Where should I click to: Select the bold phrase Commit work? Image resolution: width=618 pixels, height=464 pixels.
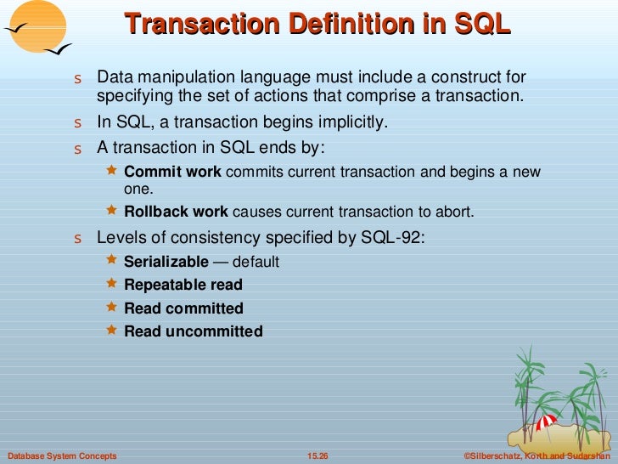coord(172,172)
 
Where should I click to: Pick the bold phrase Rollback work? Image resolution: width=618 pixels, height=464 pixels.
coord(176,212)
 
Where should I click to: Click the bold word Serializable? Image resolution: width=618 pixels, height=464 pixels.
coord(166,262)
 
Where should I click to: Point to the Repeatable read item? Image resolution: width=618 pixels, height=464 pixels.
coord(183,285)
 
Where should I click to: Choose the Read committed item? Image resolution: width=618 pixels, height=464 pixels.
coord(183,308)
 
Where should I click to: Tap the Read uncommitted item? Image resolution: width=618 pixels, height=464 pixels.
coord(193,331)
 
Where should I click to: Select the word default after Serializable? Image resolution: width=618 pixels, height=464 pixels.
coord(256,262)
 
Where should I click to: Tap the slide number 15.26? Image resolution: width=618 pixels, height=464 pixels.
coord(317,456)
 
